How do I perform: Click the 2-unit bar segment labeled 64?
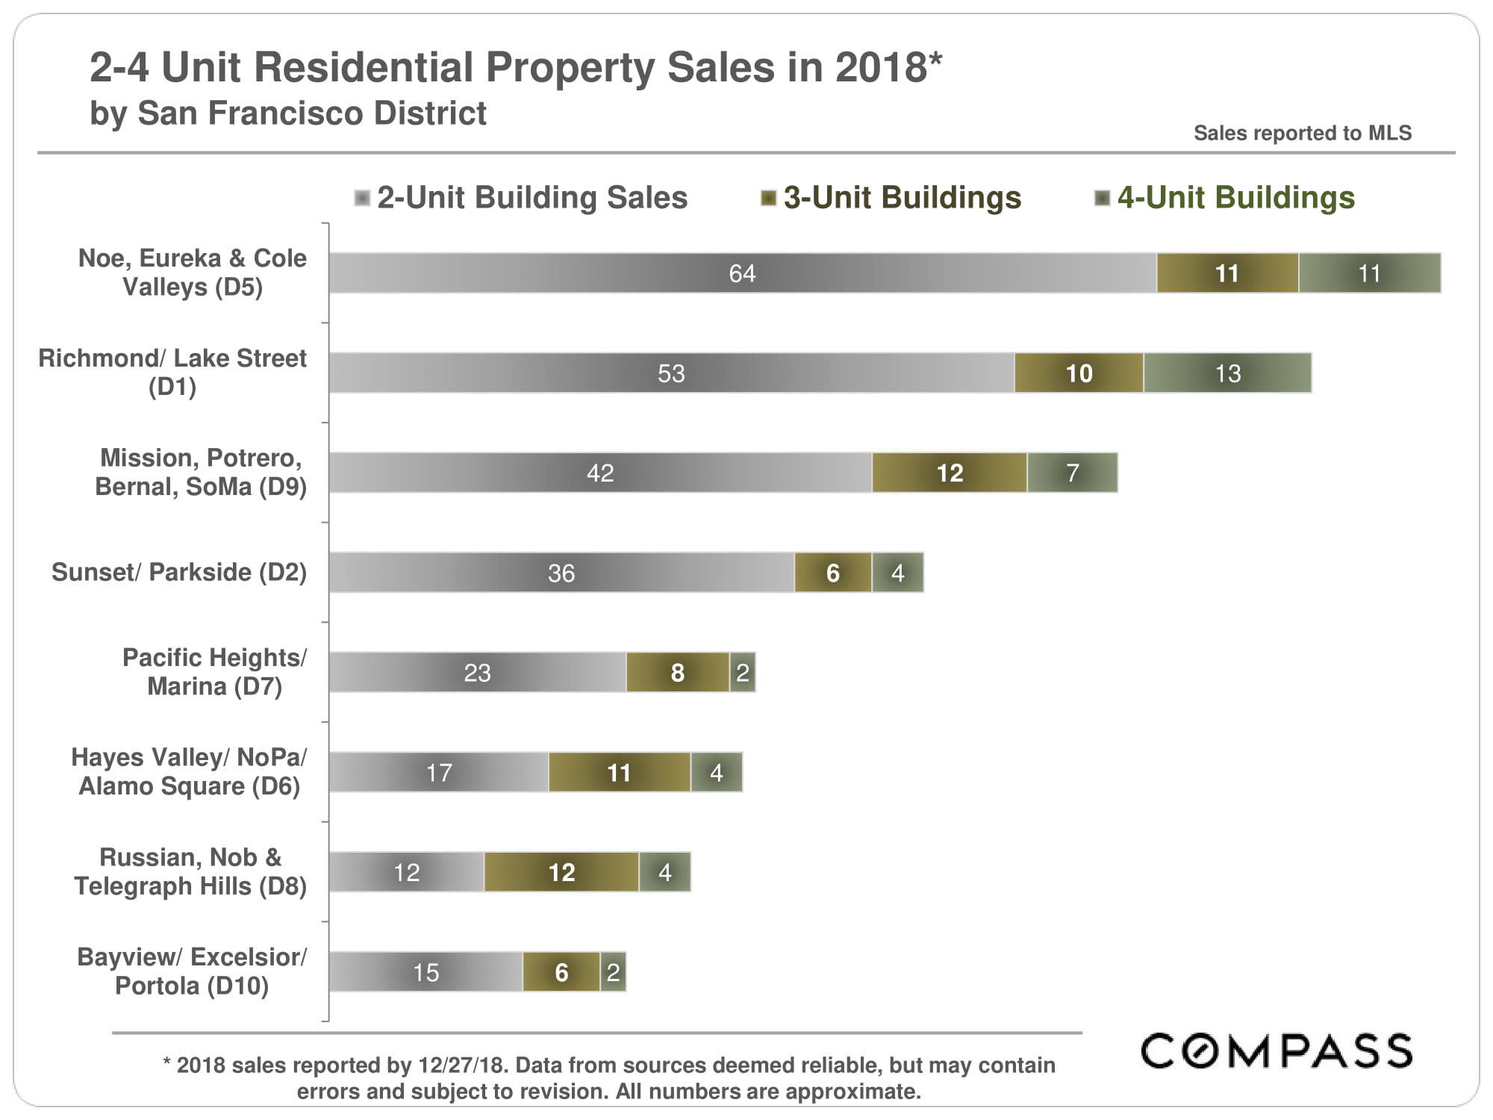point(742,273)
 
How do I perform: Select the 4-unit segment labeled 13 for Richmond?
point(1227,373)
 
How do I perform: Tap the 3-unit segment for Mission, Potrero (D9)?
point(950,473)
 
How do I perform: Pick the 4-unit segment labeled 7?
point(1072,473)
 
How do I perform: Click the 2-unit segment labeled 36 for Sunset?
point(561,573)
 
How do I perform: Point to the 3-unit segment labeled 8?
point(678,673)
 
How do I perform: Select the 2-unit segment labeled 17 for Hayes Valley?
point(439,772)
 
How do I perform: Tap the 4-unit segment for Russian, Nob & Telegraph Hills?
point(664,872)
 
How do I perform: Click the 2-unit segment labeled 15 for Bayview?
point(426,972)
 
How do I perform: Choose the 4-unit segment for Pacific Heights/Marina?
point(743,673)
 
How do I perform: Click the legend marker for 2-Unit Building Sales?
point(362,198)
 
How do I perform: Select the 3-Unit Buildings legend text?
point(902,198)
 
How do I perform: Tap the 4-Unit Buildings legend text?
point(1235,198)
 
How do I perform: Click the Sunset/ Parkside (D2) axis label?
point(179,572)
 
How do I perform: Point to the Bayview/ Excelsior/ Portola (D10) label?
point(192,971)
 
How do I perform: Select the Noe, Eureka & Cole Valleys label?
point(193,273)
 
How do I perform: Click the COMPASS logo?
point(1277,1051)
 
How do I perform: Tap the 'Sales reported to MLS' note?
point(1302,133)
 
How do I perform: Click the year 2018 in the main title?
point(881,67)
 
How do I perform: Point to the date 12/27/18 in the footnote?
point(463,1065)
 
